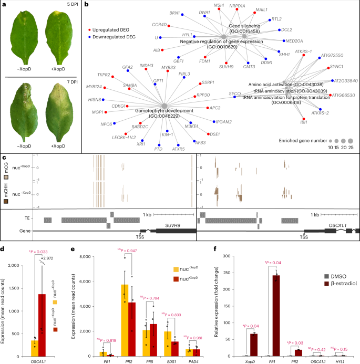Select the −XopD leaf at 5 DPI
click(20, 37)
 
